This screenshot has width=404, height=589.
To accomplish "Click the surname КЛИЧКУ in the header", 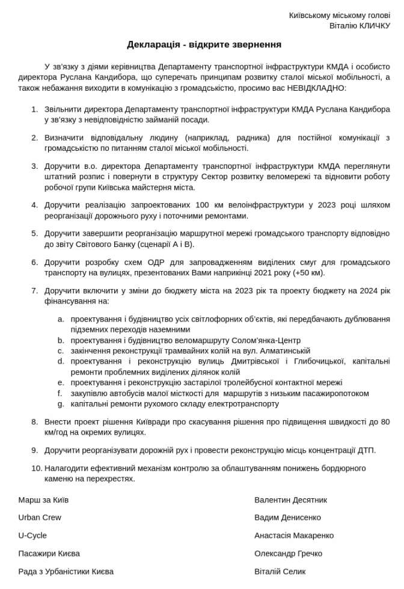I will coord(375,26).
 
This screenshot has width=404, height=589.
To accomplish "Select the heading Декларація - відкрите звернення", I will coord(204,44).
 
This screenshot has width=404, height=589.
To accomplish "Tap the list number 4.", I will coord(34,205).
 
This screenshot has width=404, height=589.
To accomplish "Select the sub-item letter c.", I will coord(60,351).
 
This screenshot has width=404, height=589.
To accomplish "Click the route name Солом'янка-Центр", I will coord(266,340).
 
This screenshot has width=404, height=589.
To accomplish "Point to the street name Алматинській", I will coord(280,351).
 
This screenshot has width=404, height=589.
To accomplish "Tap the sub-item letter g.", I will coord(60,404).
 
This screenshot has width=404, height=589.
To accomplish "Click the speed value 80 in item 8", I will coord(385,422).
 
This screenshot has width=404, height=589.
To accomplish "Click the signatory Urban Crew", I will coord(40,517).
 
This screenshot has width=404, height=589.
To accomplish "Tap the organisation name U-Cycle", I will coord(32,536).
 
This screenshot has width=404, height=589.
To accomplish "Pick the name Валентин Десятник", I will coord(291,500).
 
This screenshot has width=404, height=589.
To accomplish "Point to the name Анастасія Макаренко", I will coord(294,536).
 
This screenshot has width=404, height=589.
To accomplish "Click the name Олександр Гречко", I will coord(288,554).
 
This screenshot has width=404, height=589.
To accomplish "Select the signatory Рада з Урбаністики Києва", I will coord(66,572).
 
